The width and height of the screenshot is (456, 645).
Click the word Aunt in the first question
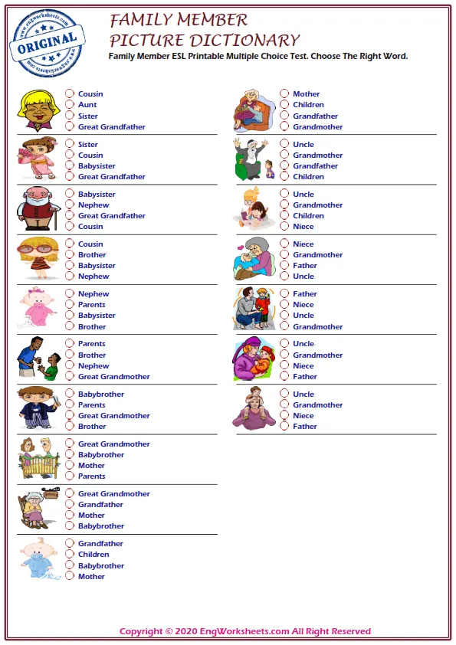[87, 105]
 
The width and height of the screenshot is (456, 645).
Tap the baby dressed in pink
[38, 308]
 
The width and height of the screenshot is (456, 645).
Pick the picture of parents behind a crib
[38, 458]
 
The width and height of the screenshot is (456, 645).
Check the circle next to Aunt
[70, 105]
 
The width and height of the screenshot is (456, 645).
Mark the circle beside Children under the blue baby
[70, 555]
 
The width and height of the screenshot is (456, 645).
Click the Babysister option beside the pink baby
[97, 316]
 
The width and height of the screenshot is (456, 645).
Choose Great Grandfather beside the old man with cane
[111, 216]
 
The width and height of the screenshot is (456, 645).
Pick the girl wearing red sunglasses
[38, 258]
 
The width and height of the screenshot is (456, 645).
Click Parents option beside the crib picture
[91, 476]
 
